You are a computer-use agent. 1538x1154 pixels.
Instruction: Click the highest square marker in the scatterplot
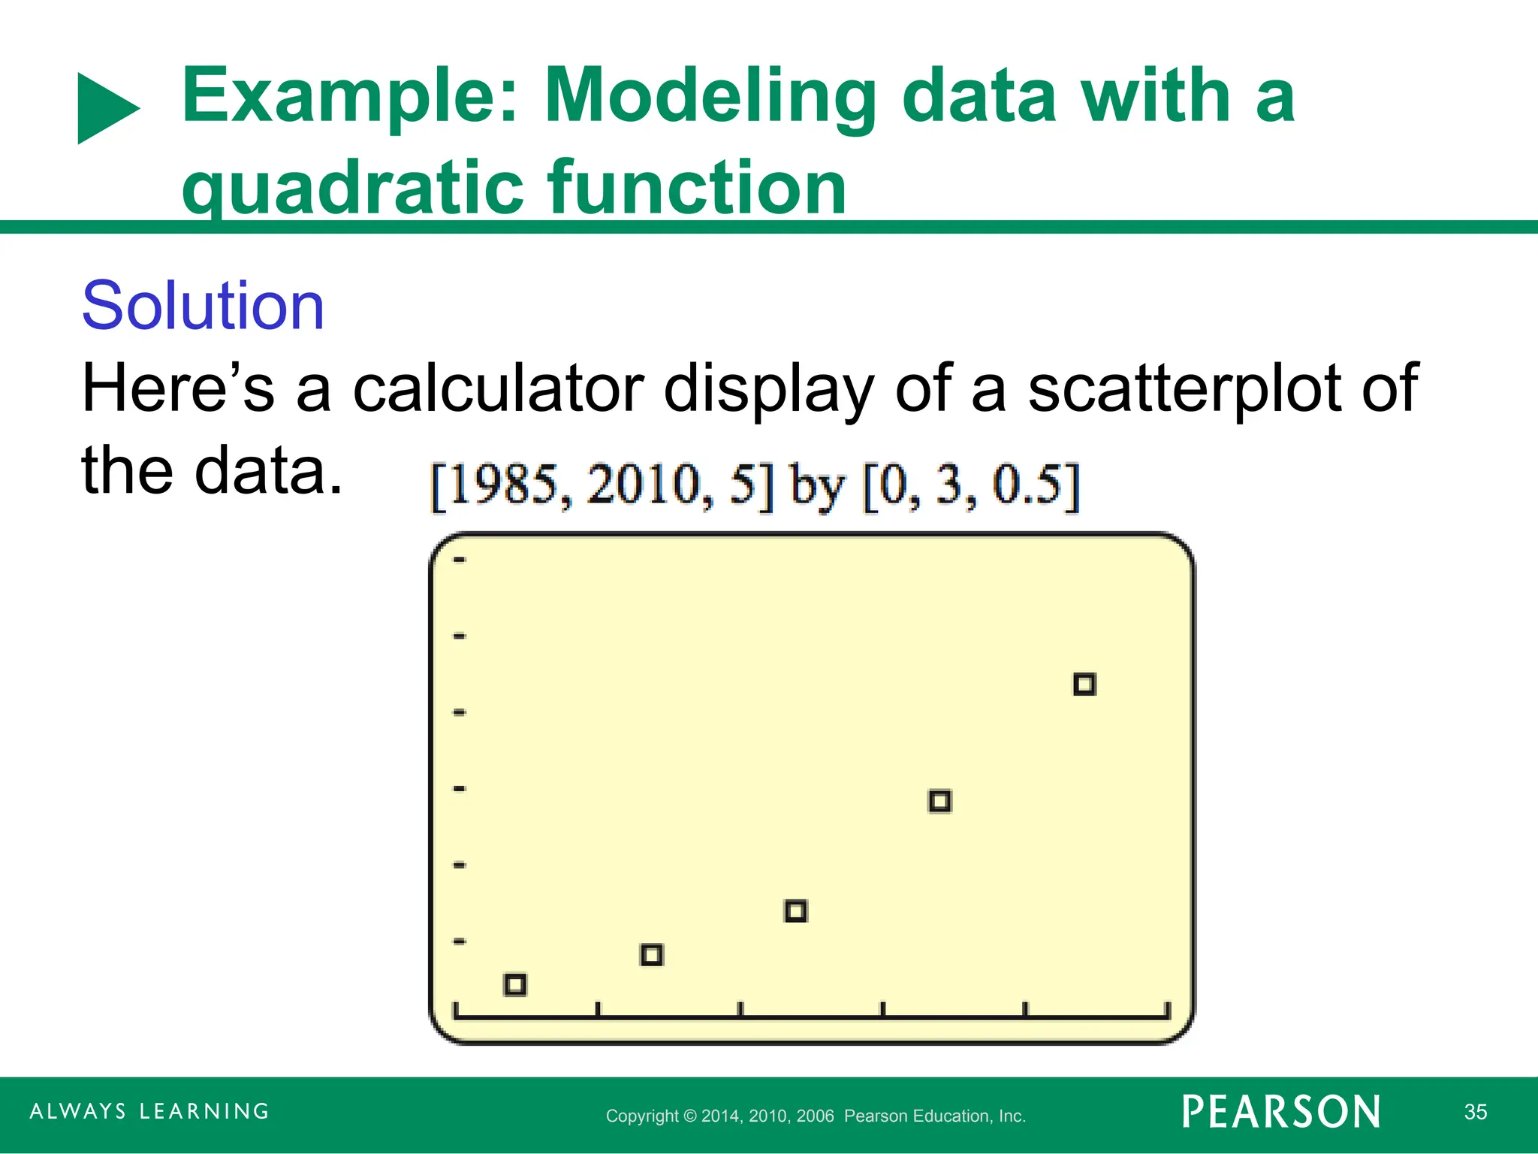tap(1084, 684)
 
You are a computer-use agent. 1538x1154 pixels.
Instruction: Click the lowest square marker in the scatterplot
tap(515, 984)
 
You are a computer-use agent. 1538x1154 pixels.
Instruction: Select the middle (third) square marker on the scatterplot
tap(796, 911)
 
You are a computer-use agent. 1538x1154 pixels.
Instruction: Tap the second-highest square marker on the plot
tap(940, 802)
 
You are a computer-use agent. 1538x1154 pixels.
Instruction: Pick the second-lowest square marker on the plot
tap(652, 955)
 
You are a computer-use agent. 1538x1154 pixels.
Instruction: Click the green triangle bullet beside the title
tap(106, 108)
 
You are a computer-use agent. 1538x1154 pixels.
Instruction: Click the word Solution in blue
tap(203, 306)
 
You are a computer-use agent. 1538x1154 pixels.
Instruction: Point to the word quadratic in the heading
tap(352, 187)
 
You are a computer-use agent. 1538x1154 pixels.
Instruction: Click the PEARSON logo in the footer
tap(1281, 1112)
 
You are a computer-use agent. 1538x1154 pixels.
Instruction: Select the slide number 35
tap(1475, 1112)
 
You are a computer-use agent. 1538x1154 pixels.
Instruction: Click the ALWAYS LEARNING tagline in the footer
tap(149, 1111)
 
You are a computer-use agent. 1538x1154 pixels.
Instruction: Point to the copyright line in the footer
tap(816, 1116)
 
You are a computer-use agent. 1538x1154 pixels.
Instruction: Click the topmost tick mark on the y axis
tap(460, 560)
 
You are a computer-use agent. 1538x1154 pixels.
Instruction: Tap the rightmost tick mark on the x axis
tap(1167, 1010)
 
